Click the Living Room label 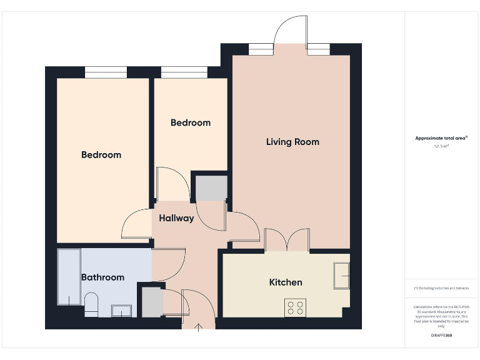[x=292, y=142]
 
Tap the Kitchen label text [x=286, y=282]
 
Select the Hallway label [x=176, y=219]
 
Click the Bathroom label [x=102, y=277]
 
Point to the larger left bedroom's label [x=101, y=154]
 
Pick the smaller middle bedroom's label [x=191, y=122]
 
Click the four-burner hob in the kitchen [x=296, y=307]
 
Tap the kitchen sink [x=341, y=276]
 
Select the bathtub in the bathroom [x=68, y=277]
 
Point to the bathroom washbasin [x=121, y=311]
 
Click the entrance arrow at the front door [x=199, y=326]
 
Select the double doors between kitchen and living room [x=287, y=241]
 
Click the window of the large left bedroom [x=106, y=72]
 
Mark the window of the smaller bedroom [x=184, y=72]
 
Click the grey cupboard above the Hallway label [x=211, y=189]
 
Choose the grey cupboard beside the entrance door [x=152, y=302]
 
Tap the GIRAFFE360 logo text [x=441, y=336]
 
